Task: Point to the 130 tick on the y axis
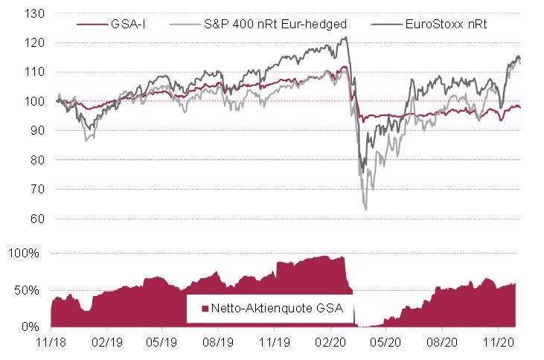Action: tap(35, 14)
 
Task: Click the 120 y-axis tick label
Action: tap(35, 43)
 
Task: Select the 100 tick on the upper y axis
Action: tap(35, 102)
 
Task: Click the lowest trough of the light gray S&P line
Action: tap(365, 209)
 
